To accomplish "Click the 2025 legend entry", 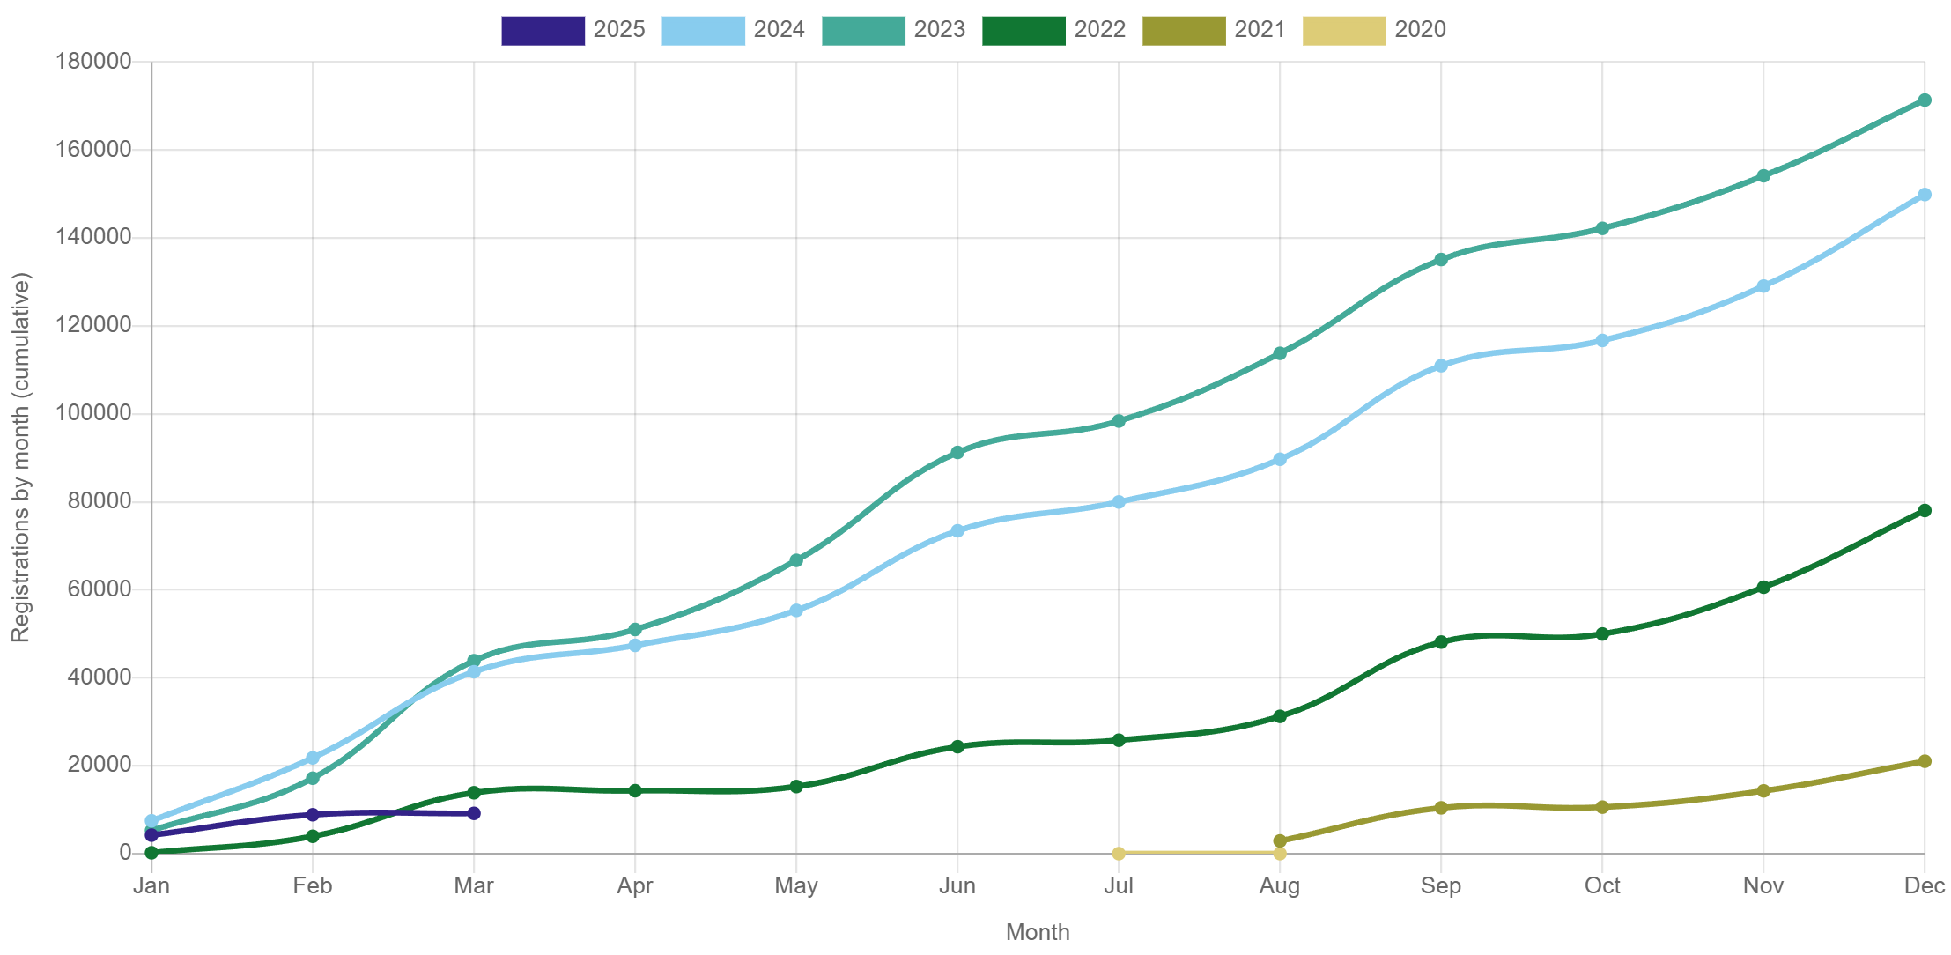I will [573, 30].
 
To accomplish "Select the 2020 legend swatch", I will [1343, 30].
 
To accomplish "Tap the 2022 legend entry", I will [1054, 30].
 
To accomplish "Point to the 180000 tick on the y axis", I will [93, 61].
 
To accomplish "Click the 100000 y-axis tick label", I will [93, 412].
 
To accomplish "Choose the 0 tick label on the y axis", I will [125, 852].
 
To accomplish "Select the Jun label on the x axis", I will [957, 885].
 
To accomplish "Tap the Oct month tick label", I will [1601, 885].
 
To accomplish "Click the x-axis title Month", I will [1037, 932].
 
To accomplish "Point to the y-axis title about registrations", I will [21, 457].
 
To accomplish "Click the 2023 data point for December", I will [1924, 100].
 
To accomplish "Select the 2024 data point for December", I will [1924, 195].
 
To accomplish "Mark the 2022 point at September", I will [1440, 642].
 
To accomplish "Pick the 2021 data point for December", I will [1924, 761].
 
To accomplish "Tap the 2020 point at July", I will [1118, 853].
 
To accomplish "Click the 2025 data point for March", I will [474, 813].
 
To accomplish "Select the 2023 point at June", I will [957, 452].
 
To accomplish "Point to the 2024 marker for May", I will [795, 611].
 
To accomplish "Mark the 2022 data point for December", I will [1924, 511].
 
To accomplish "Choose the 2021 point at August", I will [1279, 840].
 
